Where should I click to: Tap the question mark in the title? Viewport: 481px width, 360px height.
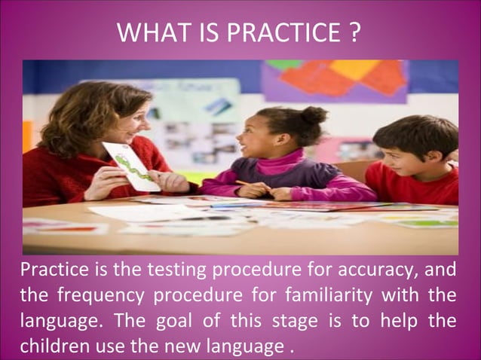[354, 34]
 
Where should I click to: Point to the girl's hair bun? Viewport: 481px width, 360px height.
[314, 115]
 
